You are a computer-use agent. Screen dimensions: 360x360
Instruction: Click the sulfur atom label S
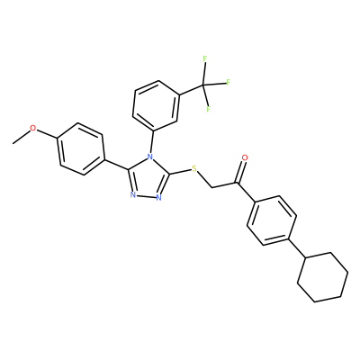(194, 168)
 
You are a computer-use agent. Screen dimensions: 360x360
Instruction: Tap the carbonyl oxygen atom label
(245, 157)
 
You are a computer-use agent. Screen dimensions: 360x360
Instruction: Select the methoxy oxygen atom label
(33, 129)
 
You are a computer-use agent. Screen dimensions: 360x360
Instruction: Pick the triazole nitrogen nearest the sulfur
(158, 197)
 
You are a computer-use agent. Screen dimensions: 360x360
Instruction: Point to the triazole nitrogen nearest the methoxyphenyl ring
(133, 195)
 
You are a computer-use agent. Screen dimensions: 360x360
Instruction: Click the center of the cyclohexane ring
(323, 277)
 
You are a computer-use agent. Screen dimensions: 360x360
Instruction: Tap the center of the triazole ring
(148, 179)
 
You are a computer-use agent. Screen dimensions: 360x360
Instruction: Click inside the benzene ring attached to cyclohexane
(272, 220)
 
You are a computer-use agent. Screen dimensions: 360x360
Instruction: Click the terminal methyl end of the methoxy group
(13, 144)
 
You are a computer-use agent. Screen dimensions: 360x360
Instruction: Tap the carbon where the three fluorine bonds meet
(202, 86)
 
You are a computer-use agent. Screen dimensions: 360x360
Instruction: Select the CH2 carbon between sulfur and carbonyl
(211, 188)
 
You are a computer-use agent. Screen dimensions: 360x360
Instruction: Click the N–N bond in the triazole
(146, 196)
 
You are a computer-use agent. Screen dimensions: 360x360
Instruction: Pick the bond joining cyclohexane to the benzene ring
(297, 248)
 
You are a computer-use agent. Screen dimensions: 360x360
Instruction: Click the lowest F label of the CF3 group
(209, 108)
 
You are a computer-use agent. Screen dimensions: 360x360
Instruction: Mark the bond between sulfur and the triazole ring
(181, 172)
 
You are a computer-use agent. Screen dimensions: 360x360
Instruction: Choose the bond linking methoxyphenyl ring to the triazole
(117, 165)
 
